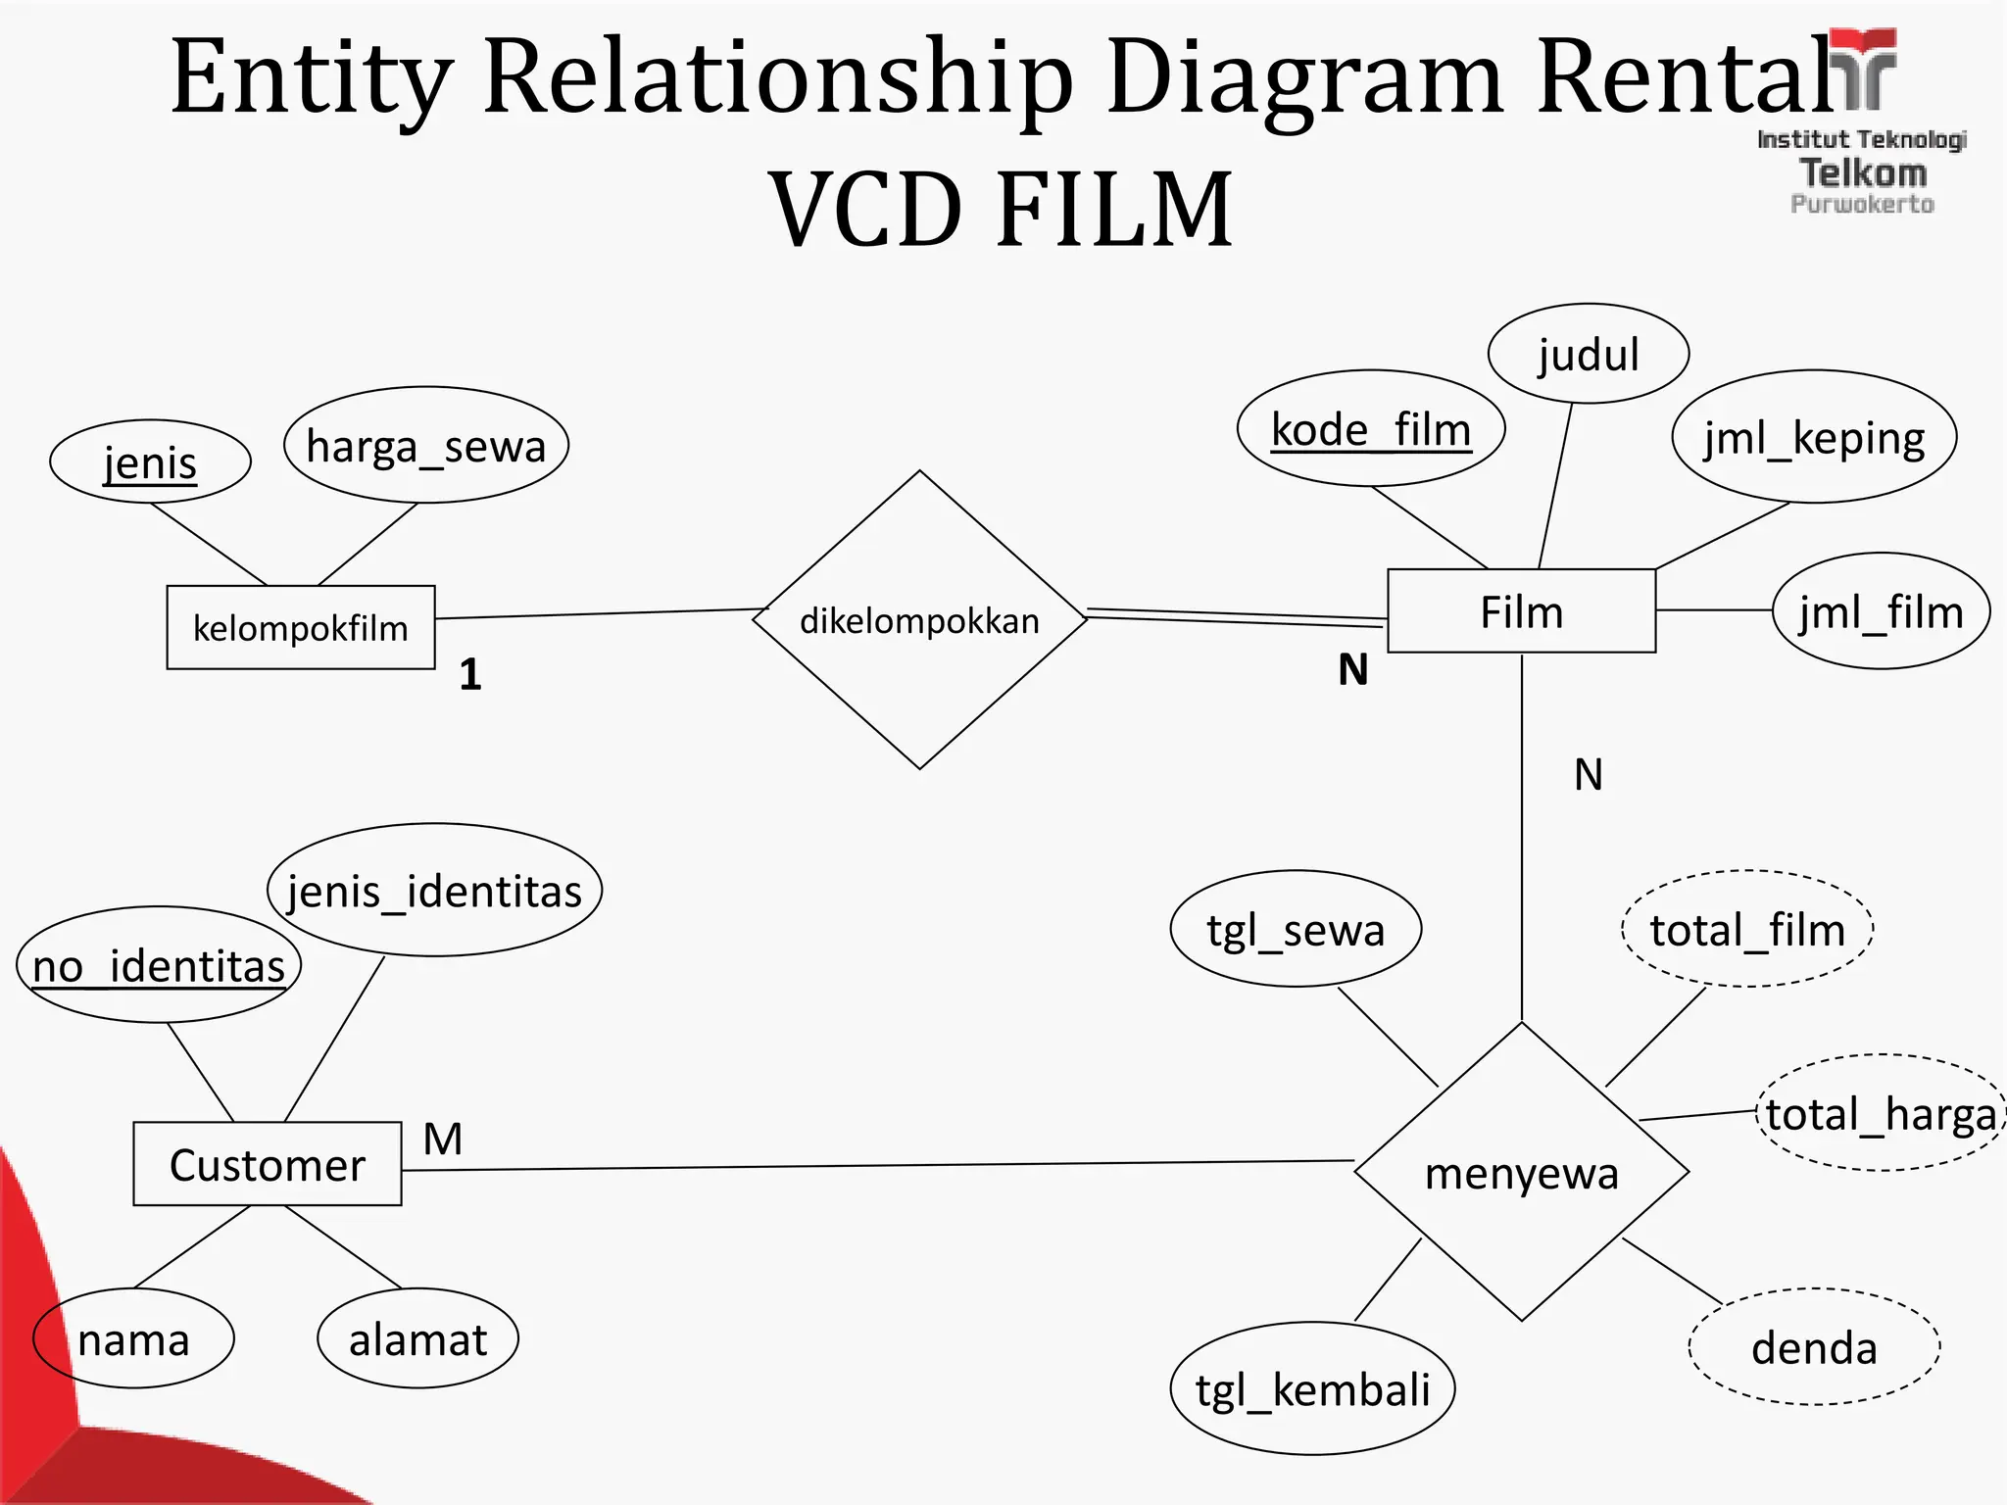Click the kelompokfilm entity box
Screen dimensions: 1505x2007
pyautogui.click(x=301, y=627)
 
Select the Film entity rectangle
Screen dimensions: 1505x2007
pyautogui.click(x=1521, y=611)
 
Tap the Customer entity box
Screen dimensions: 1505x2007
pyautogui.click(x=268, y=1164)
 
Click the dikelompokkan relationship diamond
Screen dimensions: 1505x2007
pyautogui.click(x=919, y=620)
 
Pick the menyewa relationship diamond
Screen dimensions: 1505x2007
pyautogui.click(x=1521, y=1173)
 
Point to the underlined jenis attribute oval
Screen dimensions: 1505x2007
pyautogui.click(x=150, y=461)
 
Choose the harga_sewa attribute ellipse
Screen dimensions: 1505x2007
pyautogui.click(x=426, y=446)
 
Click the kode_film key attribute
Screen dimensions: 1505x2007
pyautogui.click(x=1371, y=429)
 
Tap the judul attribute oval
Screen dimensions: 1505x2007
pyautogui.click(x=1588, y=354)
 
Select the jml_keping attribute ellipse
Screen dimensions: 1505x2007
pyautogui.click(x=1814, y=437)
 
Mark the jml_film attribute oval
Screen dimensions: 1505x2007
pyautogui.click(x=1881, y=611)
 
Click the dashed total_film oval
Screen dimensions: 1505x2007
pyautogui.click(x=1747, y=929)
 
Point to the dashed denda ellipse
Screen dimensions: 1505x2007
pyautogui.click(x=1814, y=1347)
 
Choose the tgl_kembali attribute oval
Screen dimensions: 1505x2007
pyautogui.click(x=1312, y=1388)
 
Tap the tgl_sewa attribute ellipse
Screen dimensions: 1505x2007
pyautogui.click(x=1296, y=929)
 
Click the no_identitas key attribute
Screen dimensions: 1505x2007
pyautogui.click(x=159, y=966)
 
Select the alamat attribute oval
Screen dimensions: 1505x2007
pyautogui.click(x=417, y=1338)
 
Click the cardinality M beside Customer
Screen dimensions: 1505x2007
pyautogui.click(x=443, y=1139)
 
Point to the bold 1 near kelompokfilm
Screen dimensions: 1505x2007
pyautogui.click(x=470, y=674)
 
